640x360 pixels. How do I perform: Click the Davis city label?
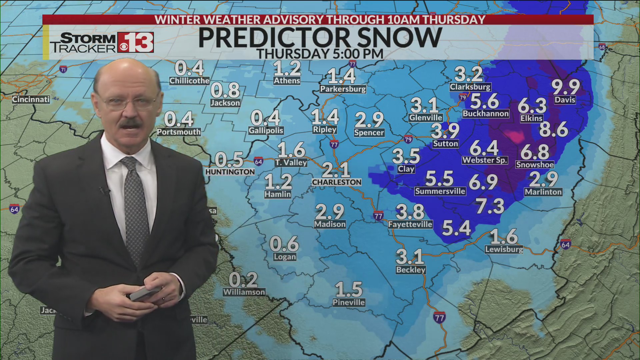click(565, 100)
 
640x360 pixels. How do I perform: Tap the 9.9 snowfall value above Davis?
click(566, 87)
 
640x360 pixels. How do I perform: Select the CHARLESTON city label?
click(337, 182)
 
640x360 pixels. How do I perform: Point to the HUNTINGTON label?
click(230, 172)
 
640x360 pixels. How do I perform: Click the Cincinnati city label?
click(31, 99)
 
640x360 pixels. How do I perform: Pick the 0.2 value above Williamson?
click(243, 280)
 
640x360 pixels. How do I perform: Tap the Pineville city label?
click(349, 302)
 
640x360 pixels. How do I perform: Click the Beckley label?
click(411, 270)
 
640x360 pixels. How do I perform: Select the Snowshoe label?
click(535, 165)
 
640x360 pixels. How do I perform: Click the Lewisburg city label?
click(504, 249)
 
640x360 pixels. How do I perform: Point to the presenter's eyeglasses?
click(128, 102)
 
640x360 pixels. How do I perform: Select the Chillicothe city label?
click(189, 81)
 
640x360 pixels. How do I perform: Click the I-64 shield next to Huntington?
click(258, 162)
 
